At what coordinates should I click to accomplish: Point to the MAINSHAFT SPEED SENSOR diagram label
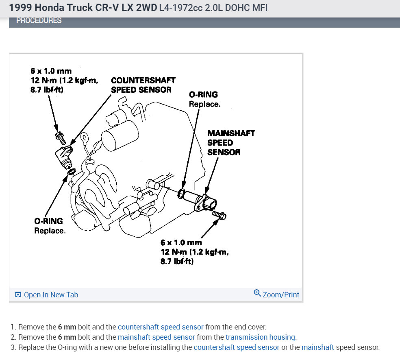click(230, 143)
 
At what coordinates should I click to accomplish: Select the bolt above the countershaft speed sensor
click(60, 138)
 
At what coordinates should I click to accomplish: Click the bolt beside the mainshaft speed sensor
click(220, 214)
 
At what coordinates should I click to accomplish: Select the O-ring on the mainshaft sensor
click(181, 193)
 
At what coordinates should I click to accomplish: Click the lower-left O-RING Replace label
click(49, 226)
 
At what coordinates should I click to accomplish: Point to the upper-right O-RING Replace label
click(204, 99)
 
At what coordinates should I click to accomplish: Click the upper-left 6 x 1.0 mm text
click(51, 71)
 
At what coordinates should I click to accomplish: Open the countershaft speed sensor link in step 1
click(161, 327)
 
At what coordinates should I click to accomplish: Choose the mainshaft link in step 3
click(317, 347)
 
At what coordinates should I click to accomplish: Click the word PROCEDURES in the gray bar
click(39, 20)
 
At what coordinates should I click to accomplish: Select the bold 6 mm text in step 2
click(67, 337)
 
